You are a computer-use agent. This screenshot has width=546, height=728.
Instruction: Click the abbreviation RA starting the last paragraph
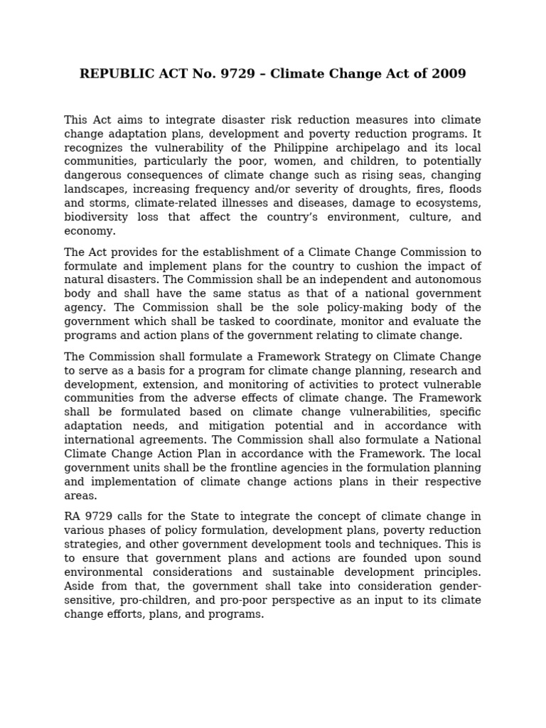(x=73, y=517)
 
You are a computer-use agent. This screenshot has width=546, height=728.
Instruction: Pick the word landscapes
(x=95, y=189)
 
